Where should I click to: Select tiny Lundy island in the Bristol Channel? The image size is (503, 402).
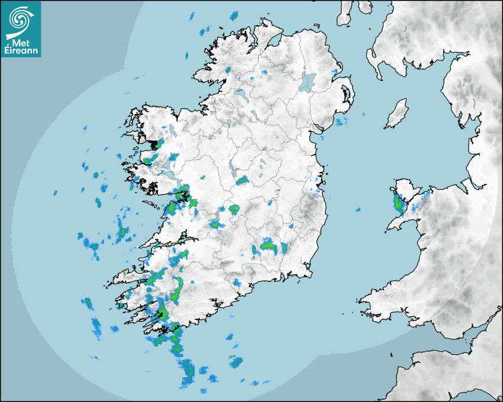click(391, 355)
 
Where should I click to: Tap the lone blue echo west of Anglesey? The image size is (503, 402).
click(357, 209)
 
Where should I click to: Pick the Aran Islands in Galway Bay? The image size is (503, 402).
click(153, 206)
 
